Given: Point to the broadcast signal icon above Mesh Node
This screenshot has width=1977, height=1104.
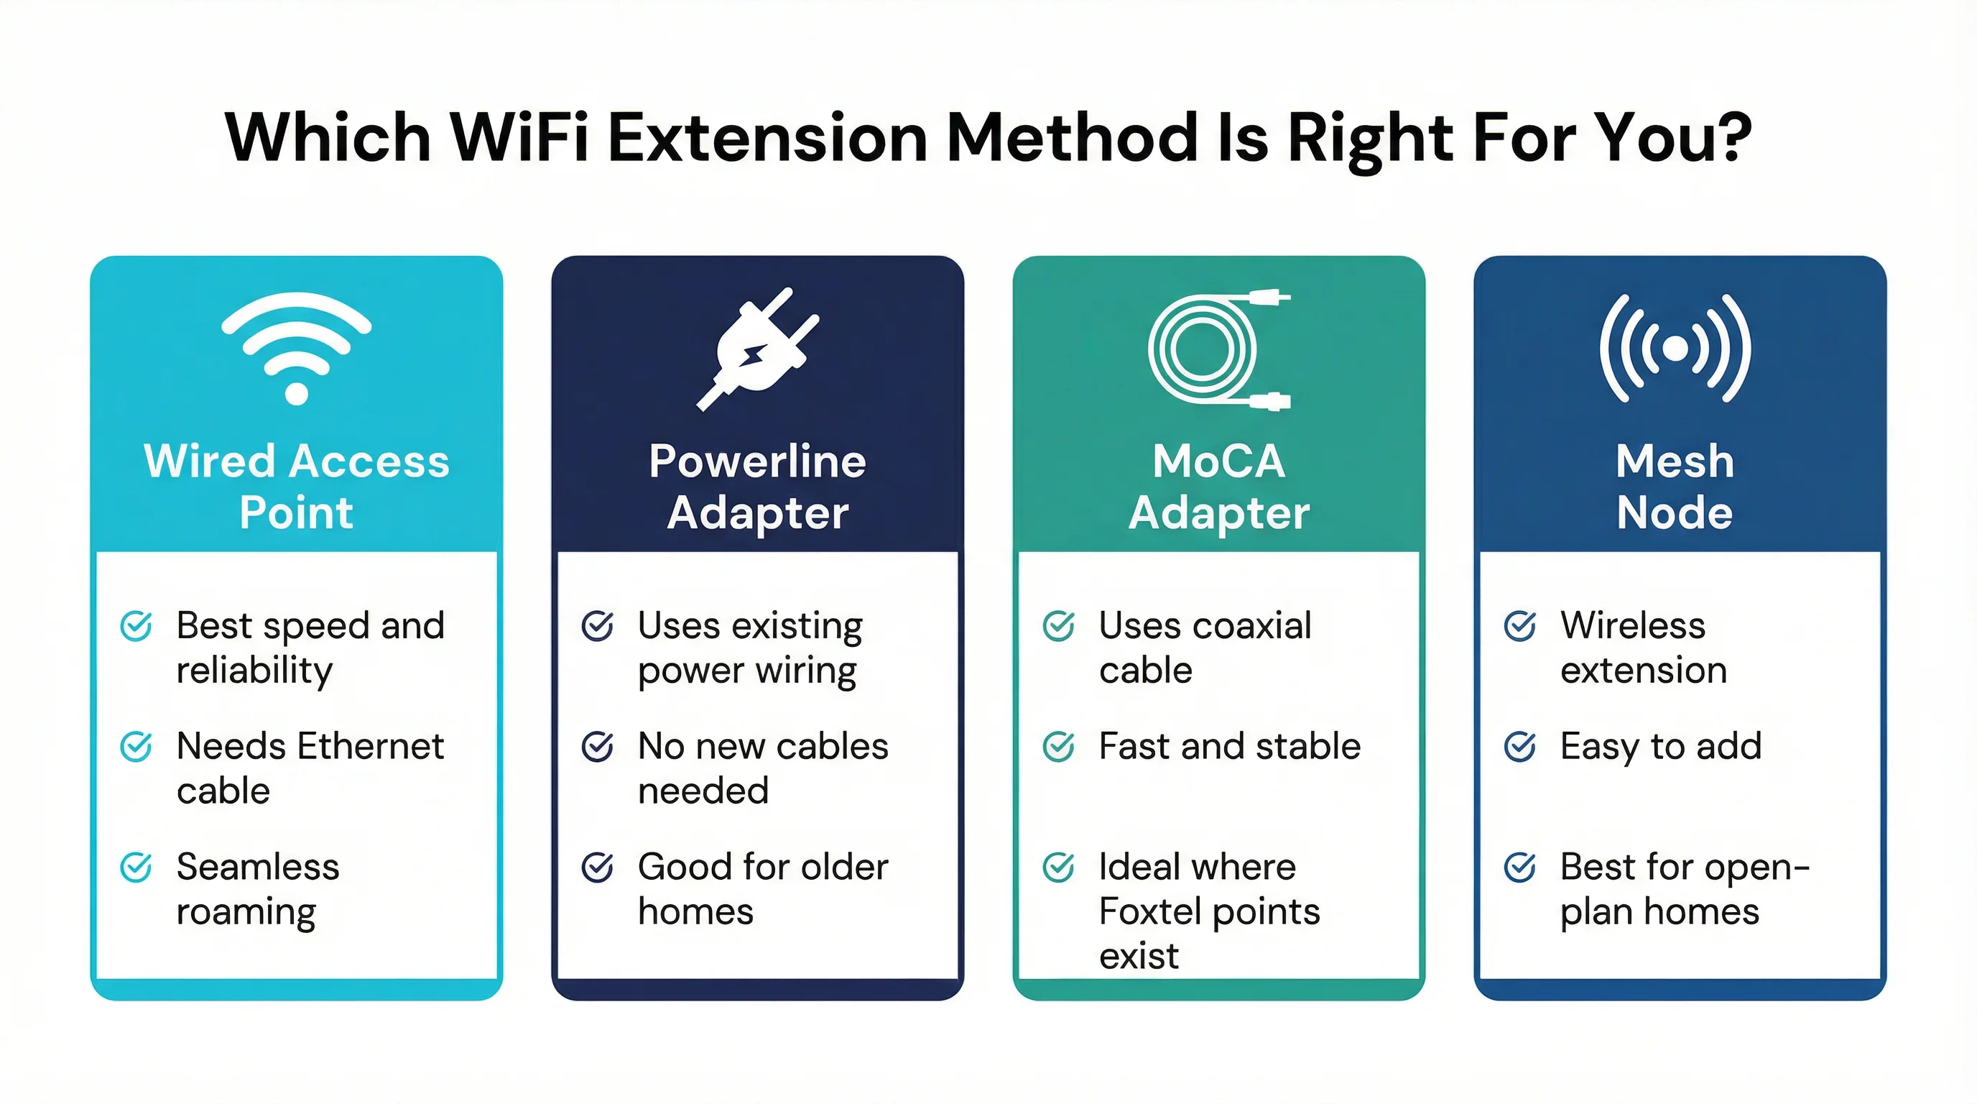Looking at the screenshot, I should [1675, 348].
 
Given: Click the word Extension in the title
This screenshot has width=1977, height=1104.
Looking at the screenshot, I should [767, 138].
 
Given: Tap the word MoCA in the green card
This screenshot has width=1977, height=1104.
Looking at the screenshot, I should [1218, 461].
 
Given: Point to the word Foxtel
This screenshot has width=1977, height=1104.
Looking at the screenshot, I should [1149, 911].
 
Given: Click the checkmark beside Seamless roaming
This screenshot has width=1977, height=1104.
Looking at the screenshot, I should [136, 868].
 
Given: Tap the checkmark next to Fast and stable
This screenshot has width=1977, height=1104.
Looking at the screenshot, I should [1059, 746].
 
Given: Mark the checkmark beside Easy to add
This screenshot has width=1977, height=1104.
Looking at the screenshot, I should [1520, 746].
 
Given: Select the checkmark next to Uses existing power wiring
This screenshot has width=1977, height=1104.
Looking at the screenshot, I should [598, 626].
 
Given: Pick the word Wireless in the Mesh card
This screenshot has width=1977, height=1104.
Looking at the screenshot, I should [1632, 626].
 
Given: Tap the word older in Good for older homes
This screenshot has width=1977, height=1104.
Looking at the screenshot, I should [844, 867].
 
